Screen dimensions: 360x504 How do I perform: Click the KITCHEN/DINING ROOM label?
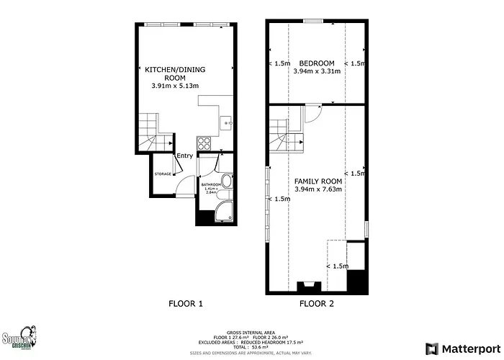tap(175, 73)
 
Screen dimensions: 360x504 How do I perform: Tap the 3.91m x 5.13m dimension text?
tap(175, 86)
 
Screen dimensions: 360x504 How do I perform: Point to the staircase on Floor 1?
tap(152, 132)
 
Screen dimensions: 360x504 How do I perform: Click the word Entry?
tap(185, 156)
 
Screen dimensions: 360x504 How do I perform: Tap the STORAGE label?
tap(163, 174)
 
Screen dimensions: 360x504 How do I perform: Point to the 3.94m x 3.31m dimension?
tap(318, 72)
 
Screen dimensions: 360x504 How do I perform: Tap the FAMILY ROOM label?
tap(318, 181)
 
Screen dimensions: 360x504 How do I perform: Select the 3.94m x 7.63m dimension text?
tap(318, 189)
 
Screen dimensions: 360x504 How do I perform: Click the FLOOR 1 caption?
tap(185, 304)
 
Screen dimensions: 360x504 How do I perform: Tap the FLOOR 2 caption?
tap(317, 304)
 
